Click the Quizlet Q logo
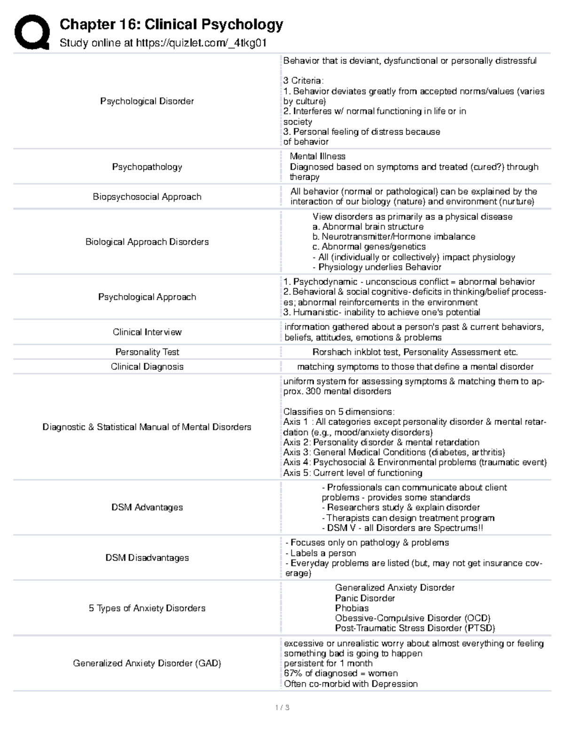coord(32,32)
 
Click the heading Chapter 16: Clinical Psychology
coord(172,24)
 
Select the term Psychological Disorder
coord(147,101)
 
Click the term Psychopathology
coord(147,167)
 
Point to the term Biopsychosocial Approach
coord(147,196)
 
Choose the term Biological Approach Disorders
coord(147,242)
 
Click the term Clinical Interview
coord(147,332)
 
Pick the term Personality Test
coord(147,352)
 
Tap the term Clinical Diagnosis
coord(147,366)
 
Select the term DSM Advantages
coord(147,507)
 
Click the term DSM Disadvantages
coord(147,557)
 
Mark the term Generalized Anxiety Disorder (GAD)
coord(147,663)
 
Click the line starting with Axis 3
coord(394,452)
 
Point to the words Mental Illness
coord(317,157)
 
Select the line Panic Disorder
coord(365,598)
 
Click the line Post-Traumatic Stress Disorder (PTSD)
coord(415,628)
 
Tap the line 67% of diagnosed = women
coord(340,673)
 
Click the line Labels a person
coord(321,553)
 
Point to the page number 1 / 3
coord(282,707)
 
